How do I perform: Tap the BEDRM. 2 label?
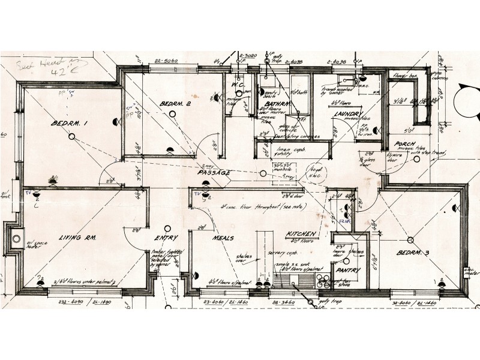(175, 104)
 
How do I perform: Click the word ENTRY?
(162, 238)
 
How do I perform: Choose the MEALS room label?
(223, 238)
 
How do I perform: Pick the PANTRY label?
(348, 271)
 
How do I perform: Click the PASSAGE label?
(214, 173)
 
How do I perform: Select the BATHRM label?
(277, 104)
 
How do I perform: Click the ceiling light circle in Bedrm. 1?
(71, 137)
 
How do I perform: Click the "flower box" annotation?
(404, 76)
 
